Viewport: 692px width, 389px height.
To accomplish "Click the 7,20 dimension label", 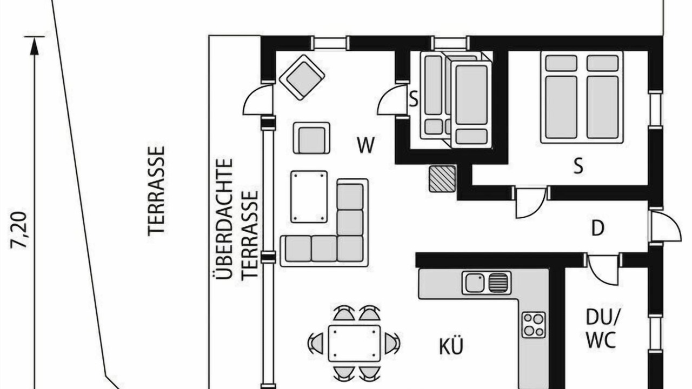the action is [19, 230].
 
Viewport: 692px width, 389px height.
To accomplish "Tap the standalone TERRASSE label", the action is [156, 191].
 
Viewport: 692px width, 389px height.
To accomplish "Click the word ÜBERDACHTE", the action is [224, 219].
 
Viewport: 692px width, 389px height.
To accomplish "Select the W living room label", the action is [366, 145].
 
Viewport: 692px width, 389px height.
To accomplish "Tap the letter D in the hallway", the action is [598, 229].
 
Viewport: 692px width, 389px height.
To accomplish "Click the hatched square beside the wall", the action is [442, 178].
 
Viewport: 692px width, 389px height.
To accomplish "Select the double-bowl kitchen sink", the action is [486, 283].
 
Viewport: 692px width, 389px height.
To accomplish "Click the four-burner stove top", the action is [534, 325].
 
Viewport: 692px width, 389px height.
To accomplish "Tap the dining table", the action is [354, 343].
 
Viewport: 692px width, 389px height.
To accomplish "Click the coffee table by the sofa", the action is [309, 196].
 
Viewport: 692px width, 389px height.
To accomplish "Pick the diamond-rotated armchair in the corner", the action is [302, 77].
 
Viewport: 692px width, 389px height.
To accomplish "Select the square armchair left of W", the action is [311, 138].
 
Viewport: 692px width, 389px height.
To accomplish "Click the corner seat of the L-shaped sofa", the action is [350, 249].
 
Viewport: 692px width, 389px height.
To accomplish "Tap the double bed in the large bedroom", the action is [582, 97].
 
